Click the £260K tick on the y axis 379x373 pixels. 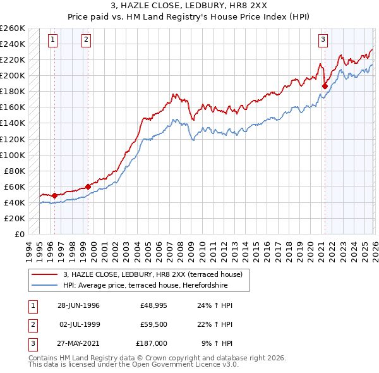(13, 28)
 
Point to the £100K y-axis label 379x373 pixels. (13, 155)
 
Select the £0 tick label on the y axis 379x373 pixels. (20, 234)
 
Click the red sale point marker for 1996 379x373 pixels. (55, 195)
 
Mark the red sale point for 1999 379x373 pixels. (88, 186)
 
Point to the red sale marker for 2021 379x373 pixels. (325, 86)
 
